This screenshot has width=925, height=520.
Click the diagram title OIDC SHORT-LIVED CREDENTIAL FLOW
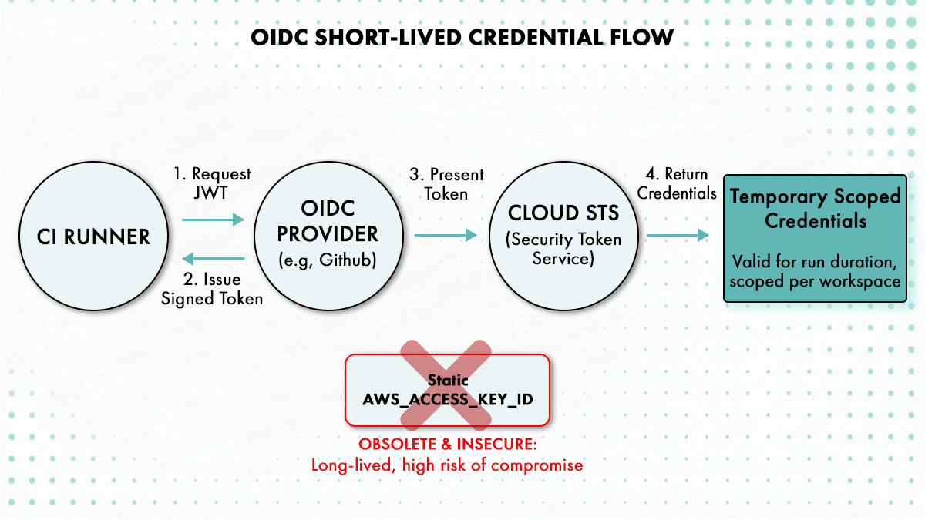pyautogui.click(x=462, y=37)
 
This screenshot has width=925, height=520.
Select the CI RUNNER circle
pyautogui.click(x=93, y=237)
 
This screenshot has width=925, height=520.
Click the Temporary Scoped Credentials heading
pyautogui.click(x=815, y=209)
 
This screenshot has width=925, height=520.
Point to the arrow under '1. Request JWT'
pyautogui.click(x=213, y=220)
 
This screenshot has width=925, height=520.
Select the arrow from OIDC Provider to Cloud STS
pyautogui.click(x=446, y=236)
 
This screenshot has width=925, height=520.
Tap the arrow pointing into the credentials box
pyautogui.click(x=678, y=236)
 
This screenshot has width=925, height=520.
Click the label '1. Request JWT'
pyautogui.click(x=212, y=183)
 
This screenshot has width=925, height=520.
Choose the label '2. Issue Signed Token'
pyautogui.click(x=212, y=289)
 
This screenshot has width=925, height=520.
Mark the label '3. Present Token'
pyautogui.click(x=446, y=183)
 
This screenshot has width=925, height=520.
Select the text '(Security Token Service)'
pyautogui.click(x=564, y=249)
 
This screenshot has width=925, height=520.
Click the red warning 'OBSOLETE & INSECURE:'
pyautogui.click(x=447, y=445)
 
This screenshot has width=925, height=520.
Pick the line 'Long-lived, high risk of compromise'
pyautogui.click(x=447, y=465)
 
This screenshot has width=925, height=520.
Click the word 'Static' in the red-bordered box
pyautogui.click(x=447, y=380)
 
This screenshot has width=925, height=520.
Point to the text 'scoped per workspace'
pyautogui.click(x=815, y=281)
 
